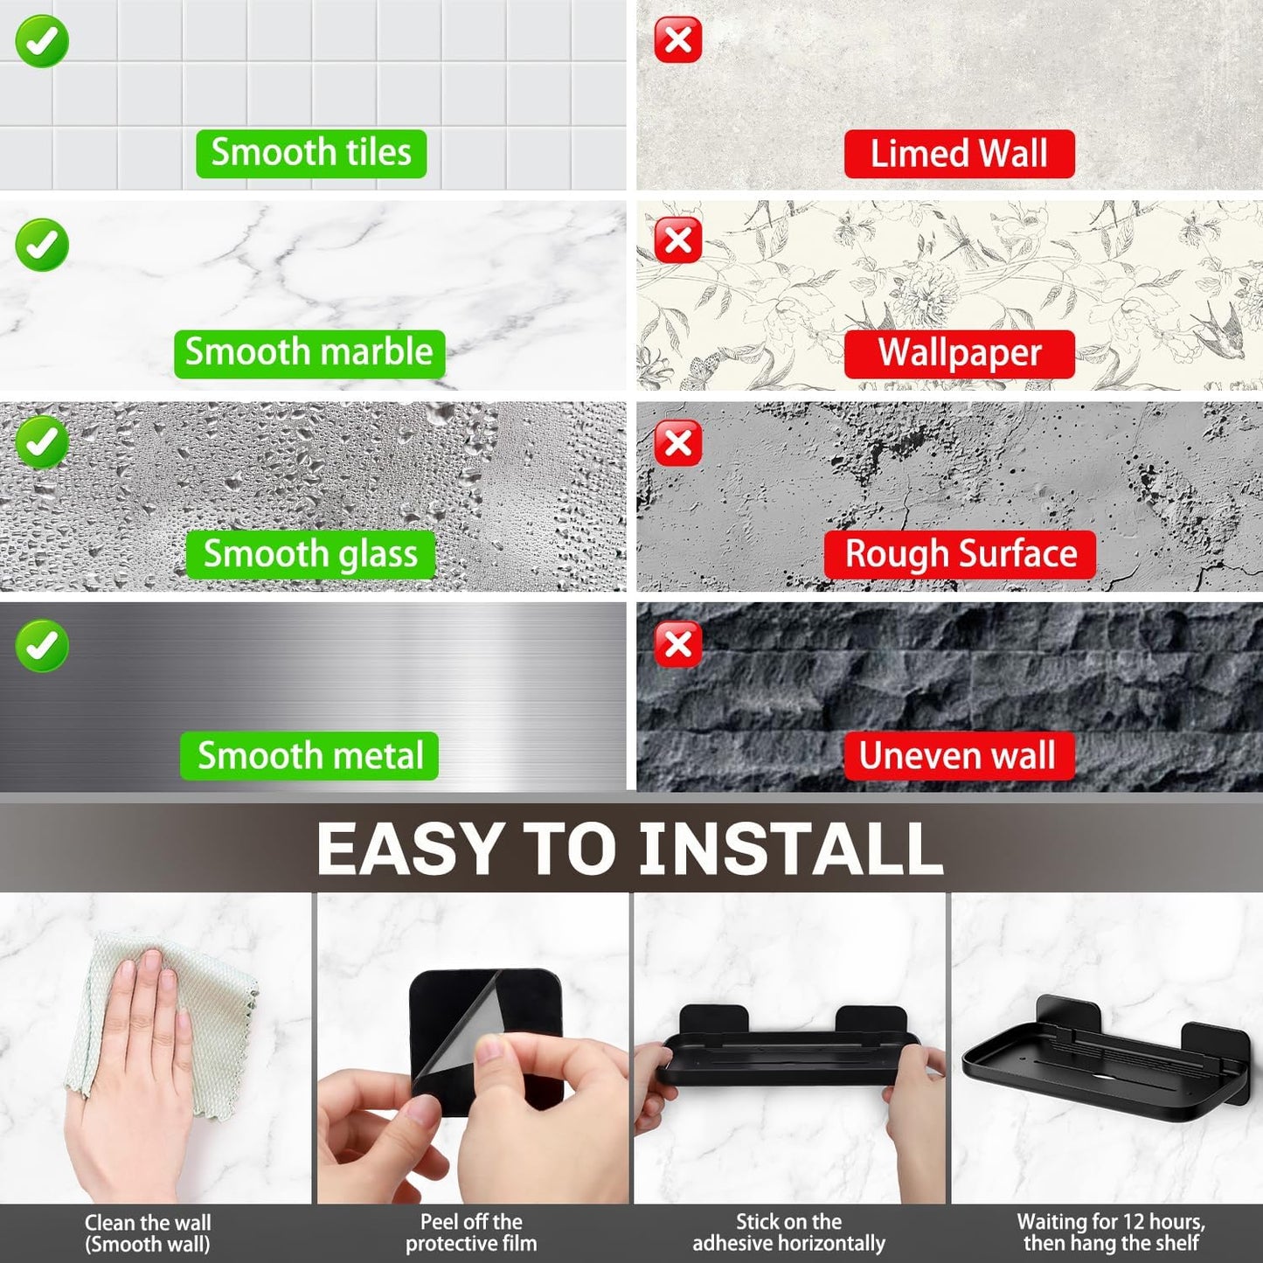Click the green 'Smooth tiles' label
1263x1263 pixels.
pyautogui.click(x=311, y=153)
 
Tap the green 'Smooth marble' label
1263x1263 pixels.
pyautogui.click(x=309, y=353)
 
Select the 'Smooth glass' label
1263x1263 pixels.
pyautogui.click(x=310, y=554)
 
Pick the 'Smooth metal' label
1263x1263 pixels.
pyautogui.click(x=309, y=756)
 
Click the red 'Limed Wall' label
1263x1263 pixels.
pyautogui.click(x=959, y=154)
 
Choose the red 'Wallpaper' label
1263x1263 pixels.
pyautogui.click(x=959, y=354)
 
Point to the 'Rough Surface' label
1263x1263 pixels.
pyautogui.click(x=960, y=554)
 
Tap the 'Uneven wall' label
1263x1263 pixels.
pyautogui.click(x=958, y=756)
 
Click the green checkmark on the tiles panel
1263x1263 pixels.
pyautogui.click(x=42, y=41)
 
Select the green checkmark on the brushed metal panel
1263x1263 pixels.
pyautogui.click(x=42, y=646)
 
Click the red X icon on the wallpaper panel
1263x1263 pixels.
pyautogui.click(x=678, y=240)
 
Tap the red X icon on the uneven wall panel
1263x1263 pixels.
pyautogui.click(x=678, y=645)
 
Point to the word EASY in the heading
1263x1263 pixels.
pyautogui.click(x=409, y=849)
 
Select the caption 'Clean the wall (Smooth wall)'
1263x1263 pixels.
pyautogui.click(x=148, y=1233)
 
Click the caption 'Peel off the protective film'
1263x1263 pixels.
pyautogui.click(x=471, y=1233)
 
